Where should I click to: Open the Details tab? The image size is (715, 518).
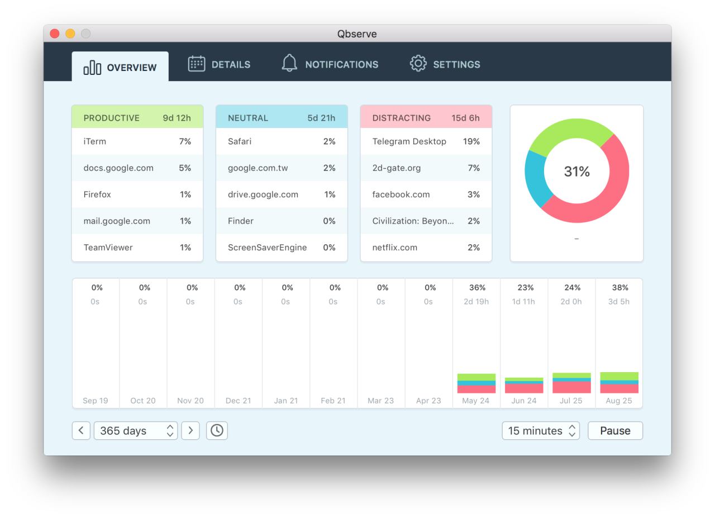[219, 64]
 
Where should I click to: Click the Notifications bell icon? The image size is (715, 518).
[289, 63]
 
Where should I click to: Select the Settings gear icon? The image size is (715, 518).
[418, 63]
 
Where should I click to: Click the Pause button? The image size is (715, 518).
[615, 431]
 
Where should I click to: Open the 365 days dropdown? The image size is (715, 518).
[136, 431]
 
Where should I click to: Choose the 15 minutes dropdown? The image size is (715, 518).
[541, 431]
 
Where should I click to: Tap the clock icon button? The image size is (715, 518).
[217, 431]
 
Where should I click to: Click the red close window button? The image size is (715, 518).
[55, 34]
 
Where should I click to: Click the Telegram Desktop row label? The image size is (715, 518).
[409, 141]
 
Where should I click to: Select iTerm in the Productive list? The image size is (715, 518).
[94, 141]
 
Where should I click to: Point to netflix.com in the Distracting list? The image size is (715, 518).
[394, 248]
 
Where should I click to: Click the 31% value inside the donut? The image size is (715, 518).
[576, 172]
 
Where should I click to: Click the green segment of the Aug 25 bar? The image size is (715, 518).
[619, 376]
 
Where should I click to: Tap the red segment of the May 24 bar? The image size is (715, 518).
[476, 389]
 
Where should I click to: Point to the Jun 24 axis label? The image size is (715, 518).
[523, 401]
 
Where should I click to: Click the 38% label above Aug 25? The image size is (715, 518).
[619, 288]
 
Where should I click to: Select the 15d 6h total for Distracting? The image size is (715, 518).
[465, 118]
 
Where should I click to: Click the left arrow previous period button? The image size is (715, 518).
[81, 431]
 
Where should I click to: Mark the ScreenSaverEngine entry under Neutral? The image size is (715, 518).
[267, 248]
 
